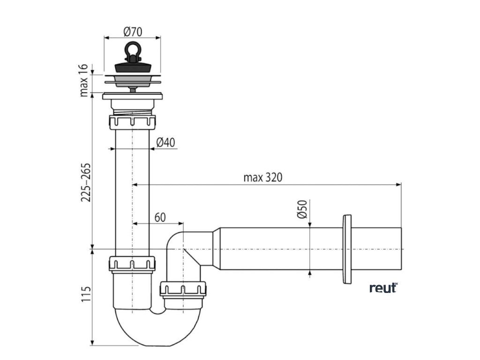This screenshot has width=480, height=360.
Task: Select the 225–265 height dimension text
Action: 85,183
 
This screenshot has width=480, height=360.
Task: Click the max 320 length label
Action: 263,178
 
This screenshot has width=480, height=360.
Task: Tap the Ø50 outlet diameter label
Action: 302,209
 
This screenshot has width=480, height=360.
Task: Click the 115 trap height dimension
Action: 85,294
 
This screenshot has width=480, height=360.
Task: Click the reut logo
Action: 383,287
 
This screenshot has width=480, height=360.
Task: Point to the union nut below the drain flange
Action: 133,122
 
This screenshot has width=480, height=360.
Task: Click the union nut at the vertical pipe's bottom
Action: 133,264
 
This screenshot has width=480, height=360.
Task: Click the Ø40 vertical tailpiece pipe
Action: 133,197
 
